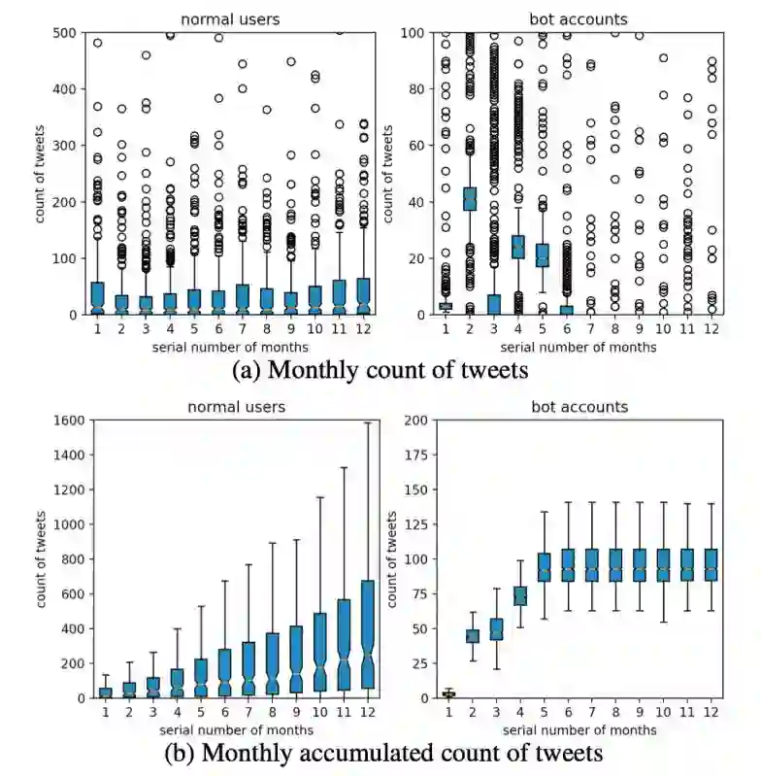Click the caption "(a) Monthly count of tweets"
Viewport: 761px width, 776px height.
click(x=380, y=368)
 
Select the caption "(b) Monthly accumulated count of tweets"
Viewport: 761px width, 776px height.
click(x=380, y=752)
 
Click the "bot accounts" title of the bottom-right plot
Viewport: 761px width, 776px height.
click(x=578, y=406)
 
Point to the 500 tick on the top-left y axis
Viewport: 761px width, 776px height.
click(x=72, y=33)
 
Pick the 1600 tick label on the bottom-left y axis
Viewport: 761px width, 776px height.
click(x=68, y=421)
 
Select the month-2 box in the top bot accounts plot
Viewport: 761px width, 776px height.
click(x=470, y=199)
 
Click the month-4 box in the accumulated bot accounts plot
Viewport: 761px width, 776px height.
click(x=519, y=595)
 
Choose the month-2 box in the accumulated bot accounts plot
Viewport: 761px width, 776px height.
click(x=472, y=636)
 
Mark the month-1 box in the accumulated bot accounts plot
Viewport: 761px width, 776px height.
click(x=447, y=693)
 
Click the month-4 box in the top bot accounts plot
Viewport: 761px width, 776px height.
click(x=517, y=247)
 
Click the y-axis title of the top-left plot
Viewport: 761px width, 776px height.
click(x=44, y=173)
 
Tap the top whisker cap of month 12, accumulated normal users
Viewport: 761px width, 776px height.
click(x=368, y=423)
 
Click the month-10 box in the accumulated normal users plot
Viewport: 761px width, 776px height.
click(x=320, y=652)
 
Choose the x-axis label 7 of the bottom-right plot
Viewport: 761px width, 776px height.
click(x=591, y=713)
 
